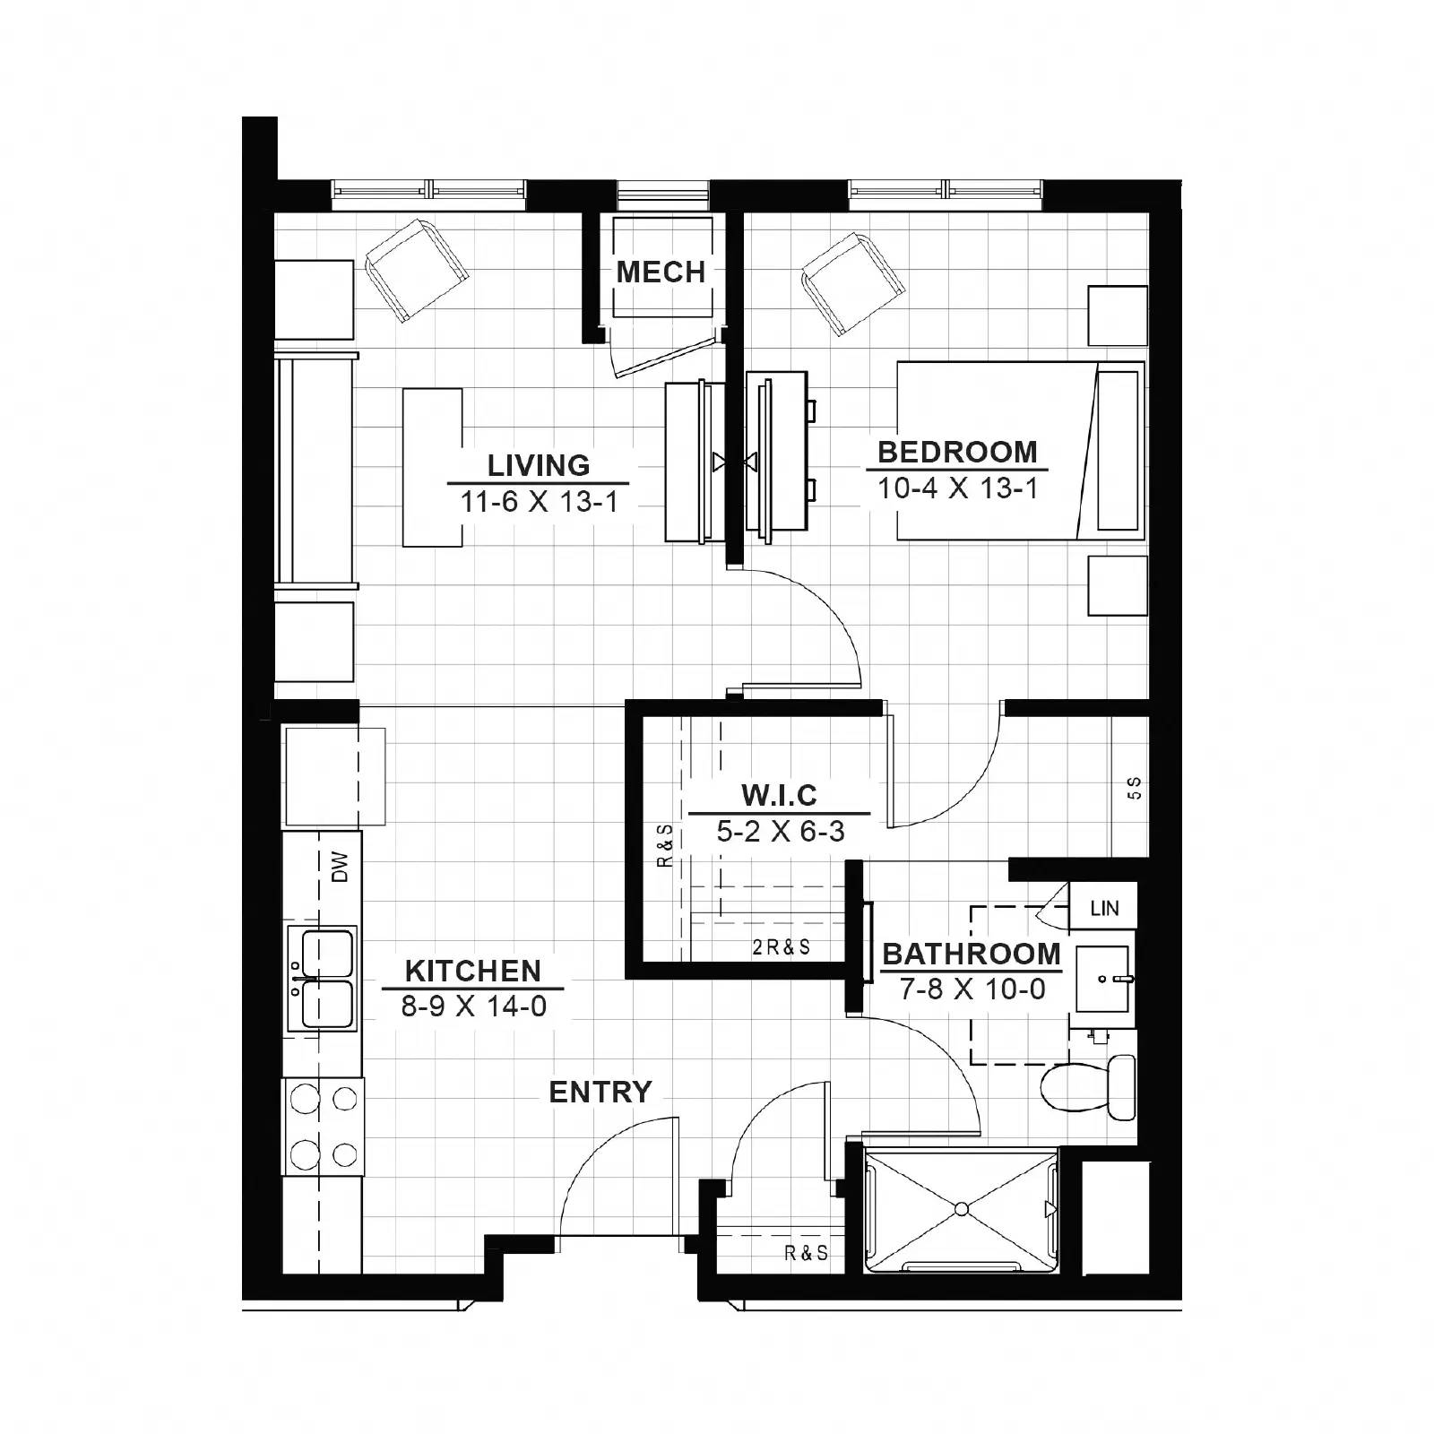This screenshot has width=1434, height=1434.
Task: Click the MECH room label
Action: tap(661, 272)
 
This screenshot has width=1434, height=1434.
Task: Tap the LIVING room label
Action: tap(539, 465)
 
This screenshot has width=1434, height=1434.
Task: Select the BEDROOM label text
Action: tap(956, 452)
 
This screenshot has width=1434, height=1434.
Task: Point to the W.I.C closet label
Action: tap(779, 795)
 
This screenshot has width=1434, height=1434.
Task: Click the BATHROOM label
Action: tap(972, 954)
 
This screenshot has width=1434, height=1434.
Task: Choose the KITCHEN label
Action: tap(472, 971)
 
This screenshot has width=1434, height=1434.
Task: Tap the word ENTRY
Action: tap(600, 1092)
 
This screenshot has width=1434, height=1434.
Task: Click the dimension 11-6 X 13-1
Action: tap(539, 502)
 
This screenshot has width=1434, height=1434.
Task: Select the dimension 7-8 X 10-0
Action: tap(972, 989)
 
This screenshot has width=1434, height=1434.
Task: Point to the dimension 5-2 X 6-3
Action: tap(780, 832)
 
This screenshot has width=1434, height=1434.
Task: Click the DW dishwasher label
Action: tap(340, 867)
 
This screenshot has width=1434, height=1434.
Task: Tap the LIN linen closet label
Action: tap(1104, 908)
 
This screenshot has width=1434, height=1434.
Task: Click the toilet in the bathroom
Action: tap(1089, 1086)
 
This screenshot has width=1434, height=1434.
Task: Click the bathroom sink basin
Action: tap(1104, 979)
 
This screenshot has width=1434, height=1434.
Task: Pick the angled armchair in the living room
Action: tap(418, 270)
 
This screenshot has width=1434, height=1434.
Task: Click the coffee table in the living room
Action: tap(432, 467)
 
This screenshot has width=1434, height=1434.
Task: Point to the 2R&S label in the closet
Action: tap(781, 947)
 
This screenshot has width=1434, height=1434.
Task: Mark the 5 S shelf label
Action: tap(1134, 788)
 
